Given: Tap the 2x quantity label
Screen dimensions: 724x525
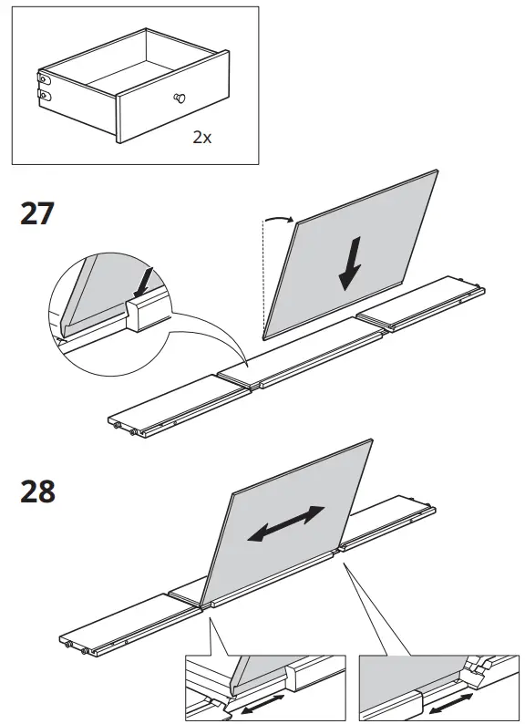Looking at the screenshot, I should (x=201, y=138).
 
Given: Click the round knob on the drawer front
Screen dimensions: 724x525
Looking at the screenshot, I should (x=179, y=98).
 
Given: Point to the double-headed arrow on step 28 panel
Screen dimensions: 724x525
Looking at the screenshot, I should (x=286, y=524).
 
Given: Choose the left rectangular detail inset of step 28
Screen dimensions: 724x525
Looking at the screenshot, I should (x=264, y=686).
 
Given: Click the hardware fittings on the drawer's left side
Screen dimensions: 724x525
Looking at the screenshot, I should (x=42, y=84).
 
